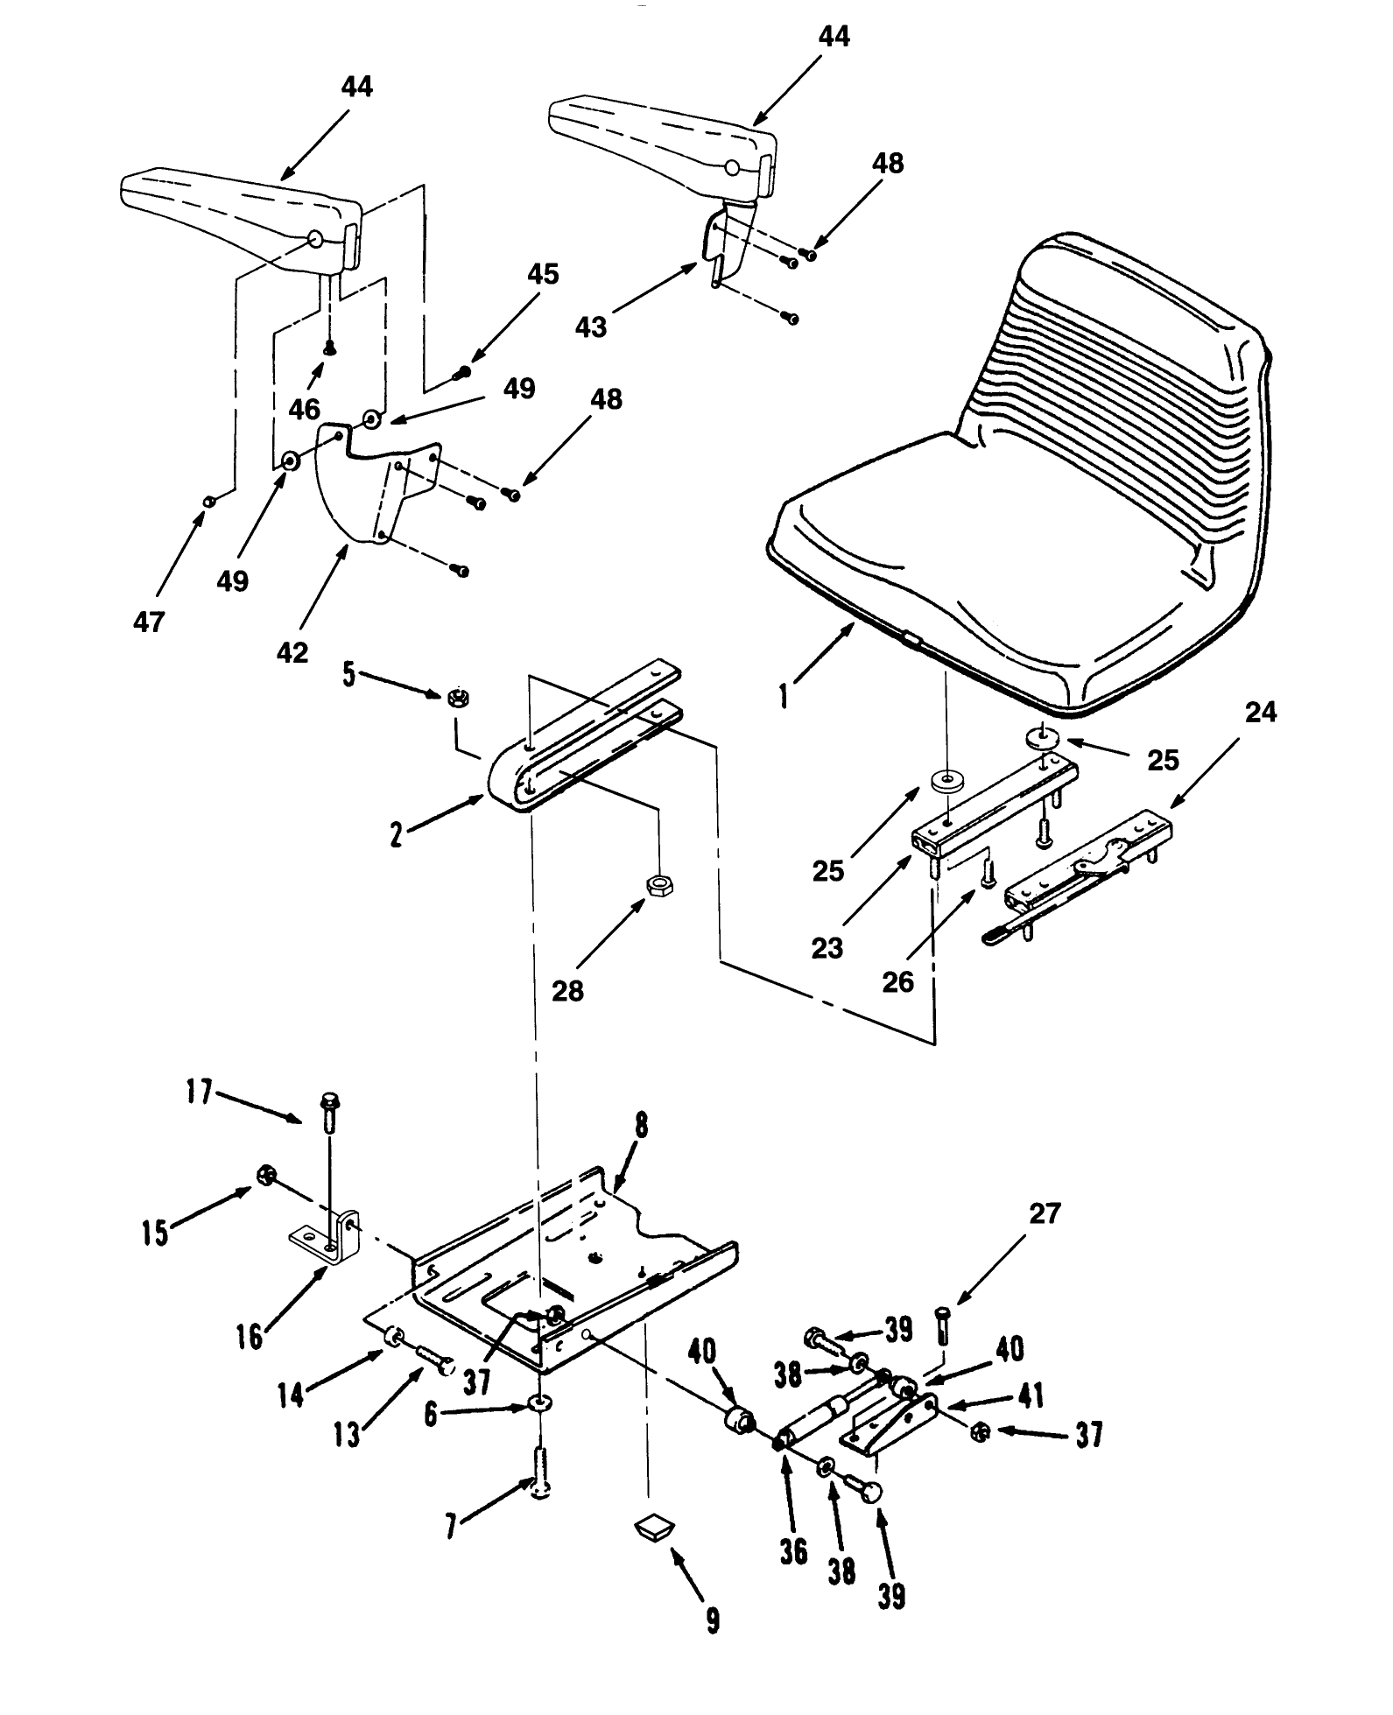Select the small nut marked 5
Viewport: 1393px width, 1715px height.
pyautogui.click(x=456, y=698)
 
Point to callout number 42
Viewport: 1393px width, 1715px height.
pyautogui.click(x=292, y=652)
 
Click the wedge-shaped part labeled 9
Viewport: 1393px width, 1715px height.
pyautogui.click(x=653, y=1529)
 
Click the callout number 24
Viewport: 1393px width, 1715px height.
pyautogui.click(x=1260, y=713)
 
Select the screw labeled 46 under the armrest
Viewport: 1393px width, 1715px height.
pyautogui.click(x=330, y=348)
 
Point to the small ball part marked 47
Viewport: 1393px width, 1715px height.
pyautogui.click(x=208, y=501)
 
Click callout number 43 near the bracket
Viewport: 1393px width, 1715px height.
pyautogui.click(x=591, y=327)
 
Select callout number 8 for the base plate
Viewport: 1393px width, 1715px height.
pyautogui.click(x=641, y=1126)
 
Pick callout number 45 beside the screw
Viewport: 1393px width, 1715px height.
pyautogui.click(x=542, y=274)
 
